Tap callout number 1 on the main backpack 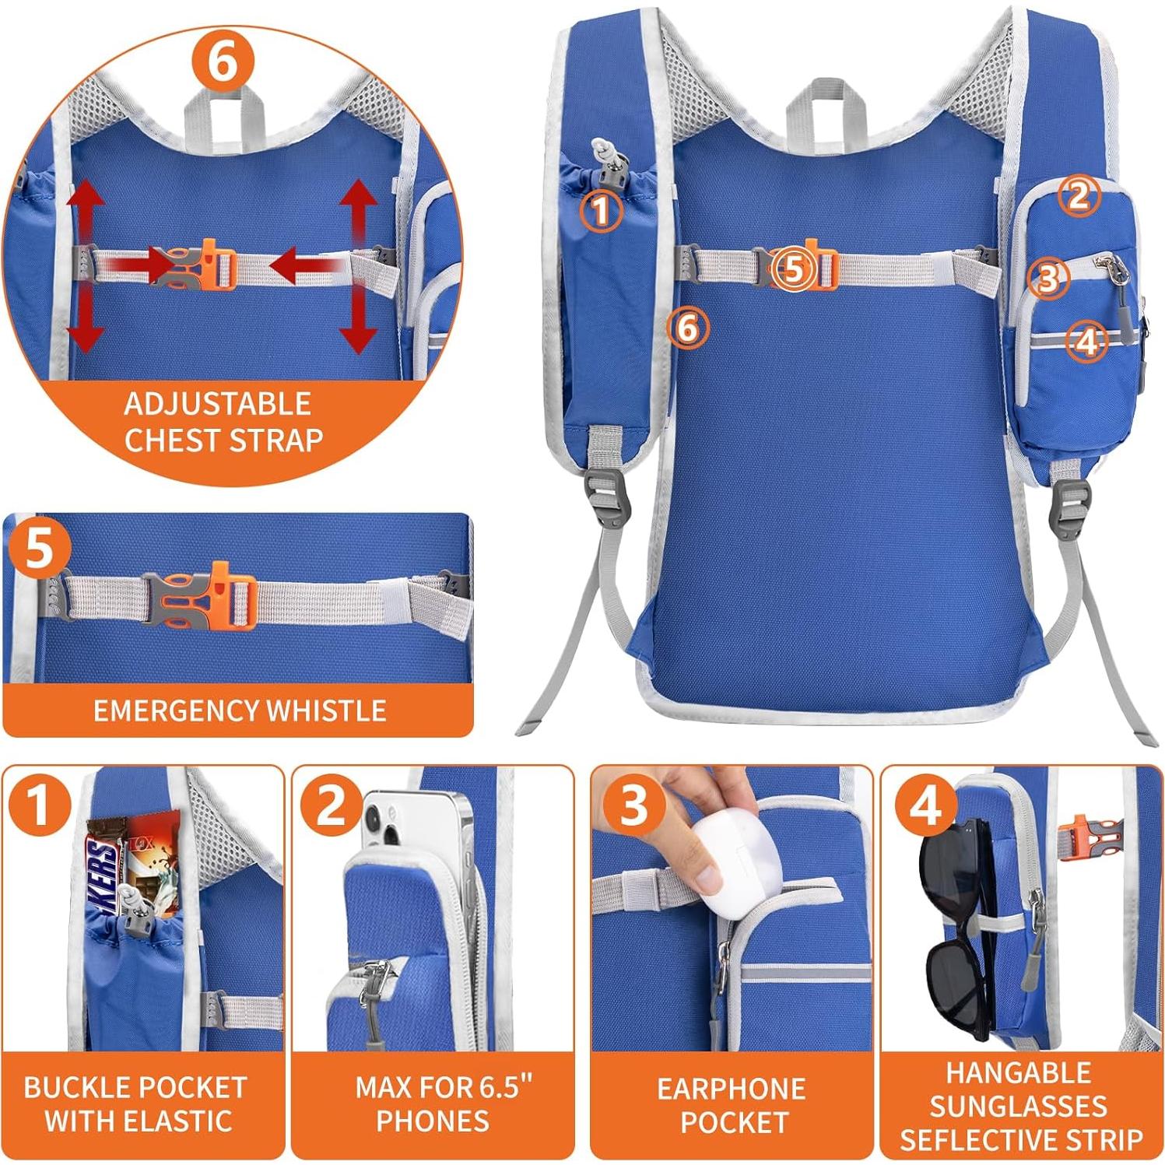tap(602, 209)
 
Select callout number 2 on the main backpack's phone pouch tap(1078, 195)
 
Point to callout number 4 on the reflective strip tap(1086, 340)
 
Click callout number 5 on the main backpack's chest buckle tap(793, 269)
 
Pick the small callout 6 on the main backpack tap(688, 328)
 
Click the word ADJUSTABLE tap(217, 404)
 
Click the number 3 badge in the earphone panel tap(633, 804)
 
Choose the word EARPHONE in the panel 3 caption tap(731, 1088)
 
